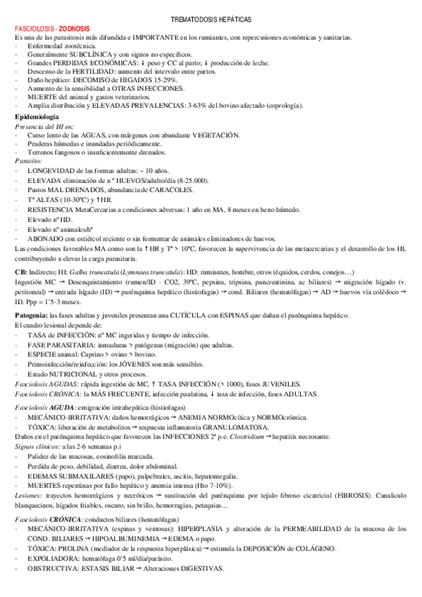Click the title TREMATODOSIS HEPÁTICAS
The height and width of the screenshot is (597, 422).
[211, 21]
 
